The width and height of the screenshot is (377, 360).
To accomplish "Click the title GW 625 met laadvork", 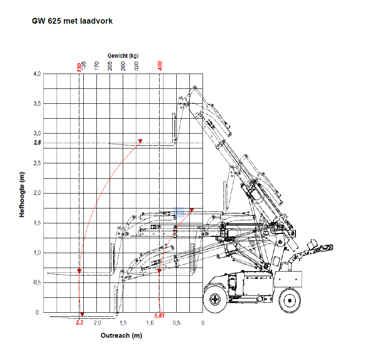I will (72, 21).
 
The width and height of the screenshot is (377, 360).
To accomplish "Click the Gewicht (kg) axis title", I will (123, 56).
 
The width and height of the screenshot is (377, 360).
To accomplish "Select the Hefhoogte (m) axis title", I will (22, 194).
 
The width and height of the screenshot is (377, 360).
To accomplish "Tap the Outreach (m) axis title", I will (121, 335).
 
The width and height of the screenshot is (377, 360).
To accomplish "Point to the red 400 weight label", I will (160, 66).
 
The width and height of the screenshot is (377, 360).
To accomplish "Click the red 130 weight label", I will (79, 67).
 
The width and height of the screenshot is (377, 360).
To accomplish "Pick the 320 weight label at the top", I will (136, 66).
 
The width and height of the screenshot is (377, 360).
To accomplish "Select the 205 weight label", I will (110, 66).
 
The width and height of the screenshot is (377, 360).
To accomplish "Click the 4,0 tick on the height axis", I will (37, 74).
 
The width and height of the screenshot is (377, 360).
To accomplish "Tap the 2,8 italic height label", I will (37, 143).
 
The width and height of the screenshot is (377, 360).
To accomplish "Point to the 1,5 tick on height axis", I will (37, 223).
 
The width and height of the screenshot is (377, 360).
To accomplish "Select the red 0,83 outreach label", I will (160, 315).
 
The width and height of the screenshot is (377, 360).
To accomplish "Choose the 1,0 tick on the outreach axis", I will (150, 323).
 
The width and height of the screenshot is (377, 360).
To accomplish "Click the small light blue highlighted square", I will (178, 212).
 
